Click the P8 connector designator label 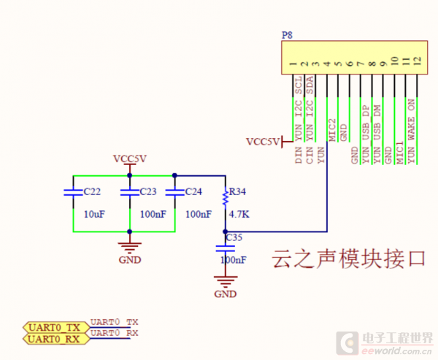point(286,35)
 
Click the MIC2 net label point(332,130)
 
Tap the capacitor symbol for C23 point(129,193)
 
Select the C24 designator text point(193,192)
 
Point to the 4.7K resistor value point(239,215)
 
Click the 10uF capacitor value point(95,215)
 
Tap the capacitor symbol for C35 point(225,248)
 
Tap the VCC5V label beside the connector point(262,142)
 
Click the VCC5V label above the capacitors point(129,158)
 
